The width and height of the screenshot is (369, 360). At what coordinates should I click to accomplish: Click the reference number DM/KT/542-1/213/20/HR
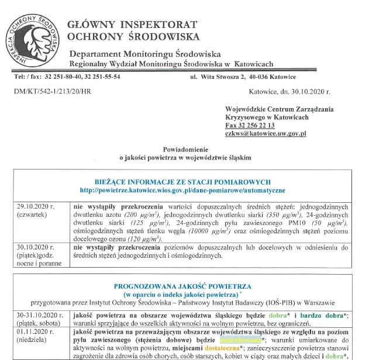coord(53,92)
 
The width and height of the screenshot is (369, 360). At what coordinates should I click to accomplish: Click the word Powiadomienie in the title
coord(185,150)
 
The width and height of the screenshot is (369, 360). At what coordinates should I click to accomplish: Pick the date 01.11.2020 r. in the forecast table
coord(37,331)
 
